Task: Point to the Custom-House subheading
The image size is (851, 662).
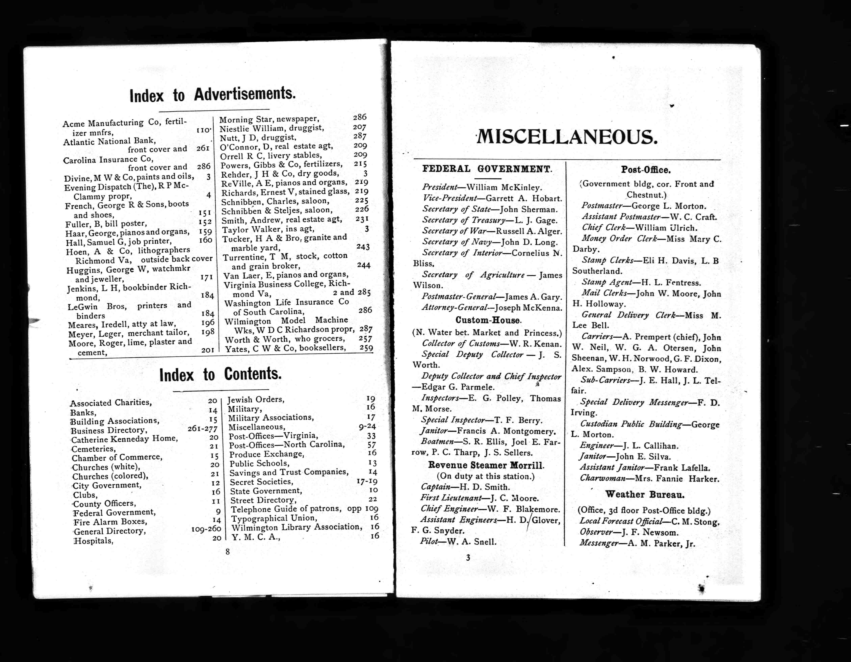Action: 488,320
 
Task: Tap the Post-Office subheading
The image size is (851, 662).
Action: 646,170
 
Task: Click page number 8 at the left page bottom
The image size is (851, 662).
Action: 228,552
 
